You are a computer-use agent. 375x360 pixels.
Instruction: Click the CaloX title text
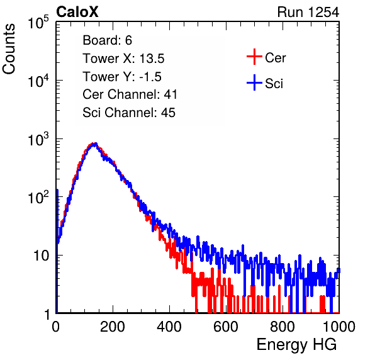pos(77,12)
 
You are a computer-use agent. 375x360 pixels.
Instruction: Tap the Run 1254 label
pos(308,12)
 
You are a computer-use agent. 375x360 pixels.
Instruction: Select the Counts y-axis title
pos(9,49)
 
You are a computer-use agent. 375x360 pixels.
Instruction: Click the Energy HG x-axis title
pos(296,344)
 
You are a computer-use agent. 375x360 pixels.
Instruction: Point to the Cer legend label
pos(275,58)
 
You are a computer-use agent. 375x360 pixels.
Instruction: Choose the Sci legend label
pos(274,84)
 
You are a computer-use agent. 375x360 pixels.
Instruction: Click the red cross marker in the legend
pos(254,57)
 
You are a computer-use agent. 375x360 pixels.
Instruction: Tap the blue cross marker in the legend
pos(254,83)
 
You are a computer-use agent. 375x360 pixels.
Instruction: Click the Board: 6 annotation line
pos(107,40)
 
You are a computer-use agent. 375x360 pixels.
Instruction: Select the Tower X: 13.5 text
pos(123,59)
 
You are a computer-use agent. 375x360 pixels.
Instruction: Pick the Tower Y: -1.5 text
pos(122,77)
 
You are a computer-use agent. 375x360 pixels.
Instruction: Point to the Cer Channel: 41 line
pos(130,94)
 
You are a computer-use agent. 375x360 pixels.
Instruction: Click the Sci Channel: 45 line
pos(129,113)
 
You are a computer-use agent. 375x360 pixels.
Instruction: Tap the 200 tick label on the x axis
pos(113,327)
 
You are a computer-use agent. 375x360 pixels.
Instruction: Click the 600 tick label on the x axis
pos(226,327)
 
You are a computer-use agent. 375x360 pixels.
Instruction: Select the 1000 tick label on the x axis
pos(339,327)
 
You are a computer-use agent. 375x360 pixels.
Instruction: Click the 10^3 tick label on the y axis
pos(38,139)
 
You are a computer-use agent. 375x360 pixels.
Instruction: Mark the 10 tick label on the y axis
pos(42,256)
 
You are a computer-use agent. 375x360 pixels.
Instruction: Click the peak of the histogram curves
pos(94,144)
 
